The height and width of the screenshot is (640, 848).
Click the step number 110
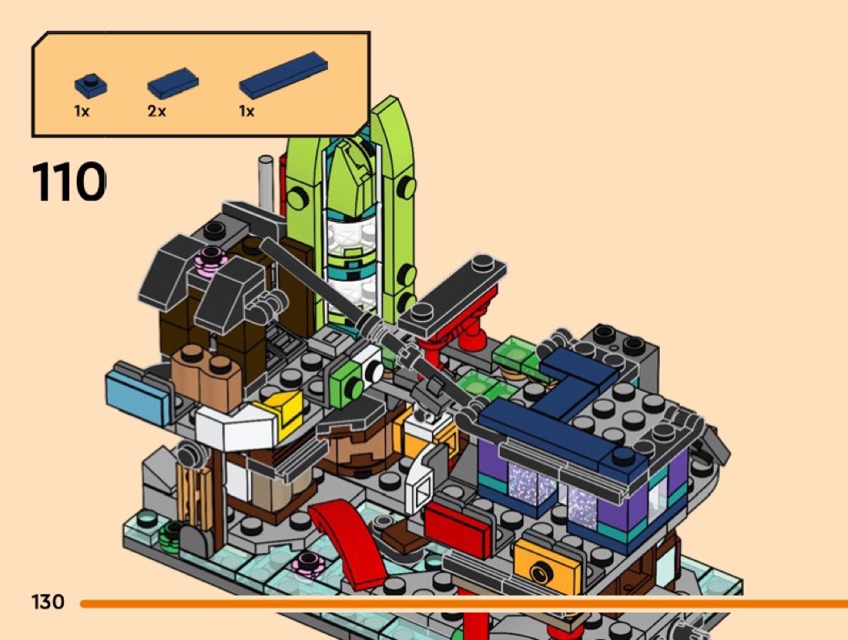click(69, 181)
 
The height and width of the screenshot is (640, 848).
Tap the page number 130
click(48, 601)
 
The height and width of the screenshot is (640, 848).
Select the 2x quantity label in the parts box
click(157, 111)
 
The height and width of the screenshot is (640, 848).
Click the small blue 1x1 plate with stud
click(90, 86)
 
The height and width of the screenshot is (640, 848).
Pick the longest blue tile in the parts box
click(283, 74)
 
